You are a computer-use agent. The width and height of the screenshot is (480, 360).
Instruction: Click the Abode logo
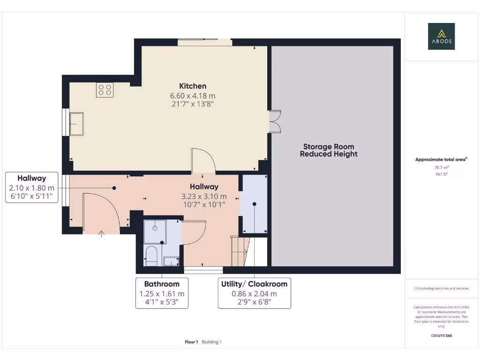(x=441, y=36)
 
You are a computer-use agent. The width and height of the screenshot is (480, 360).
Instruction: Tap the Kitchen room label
(x=193, y=86)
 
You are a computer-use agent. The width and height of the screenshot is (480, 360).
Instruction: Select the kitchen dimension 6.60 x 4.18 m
(x=193, y=96)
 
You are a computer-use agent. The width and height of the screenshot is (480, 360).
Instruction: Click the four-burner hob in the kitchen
(x=105, y=90)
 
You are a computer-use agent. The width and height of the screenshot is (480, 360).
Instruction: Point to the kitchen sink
(x=76, y=123)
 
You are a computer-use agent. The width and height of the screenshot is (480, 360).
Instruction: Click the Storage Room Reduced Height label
(x=329, y=150)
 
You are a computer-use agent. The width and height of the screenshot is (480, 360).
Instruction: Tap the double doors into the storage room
(x=275, y=121)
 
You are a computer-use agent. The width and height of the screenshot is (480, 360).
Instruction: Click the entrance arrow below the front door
(x=101, y=233)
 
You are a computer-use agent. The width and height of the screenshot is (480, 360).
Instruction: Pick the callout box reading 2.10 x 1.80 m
(x=32, y=187)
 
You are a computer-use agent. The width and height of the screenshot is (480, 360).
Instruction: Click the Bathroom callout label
(x=162, y=293)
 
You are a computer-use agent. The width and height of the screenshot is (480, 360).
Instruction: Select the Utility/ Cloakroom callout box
(x=254, y=293)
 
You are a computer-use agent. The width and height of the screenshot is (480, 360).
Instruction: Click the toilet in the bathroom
(x=151, y=255)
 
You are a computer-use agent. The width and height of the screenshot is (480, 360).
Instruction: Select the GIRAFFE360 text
(x=441, y=336)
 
